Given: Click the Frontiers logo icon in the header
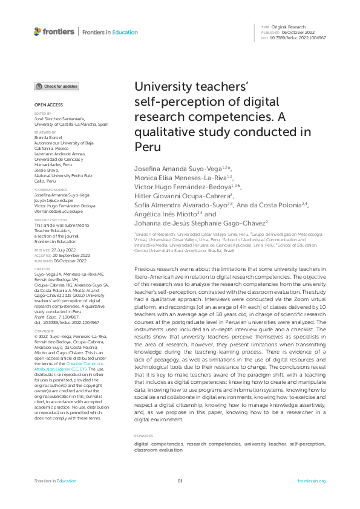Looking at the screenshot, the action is (38, 32).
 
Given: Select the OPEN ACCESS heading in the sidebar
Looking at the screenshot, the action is (45, 106).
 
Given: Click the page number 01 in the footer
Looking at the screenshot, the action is (180, 481).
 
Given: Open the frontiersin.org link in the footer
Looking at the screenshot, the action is (312, 481).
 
